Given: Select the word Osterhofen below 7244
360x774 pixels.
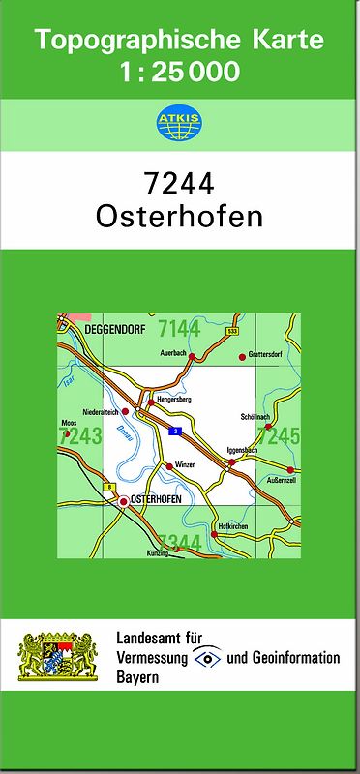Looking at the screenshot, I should (x=179, y=215).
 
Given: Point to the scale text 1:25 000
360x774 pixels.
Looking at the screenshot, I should (x=180, y=71).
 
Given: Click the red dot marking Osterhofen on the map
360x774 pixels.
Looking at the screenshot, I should (x=124, y=500).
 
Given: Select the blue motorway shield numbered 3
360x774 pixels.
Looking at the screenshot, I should (x=175, y=431).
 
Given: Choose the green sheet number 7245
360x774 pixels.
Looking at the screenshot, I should (x=280, y=437).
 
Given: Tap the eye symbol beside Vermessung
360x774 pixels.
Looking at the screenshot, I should (x=205, y=658).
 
